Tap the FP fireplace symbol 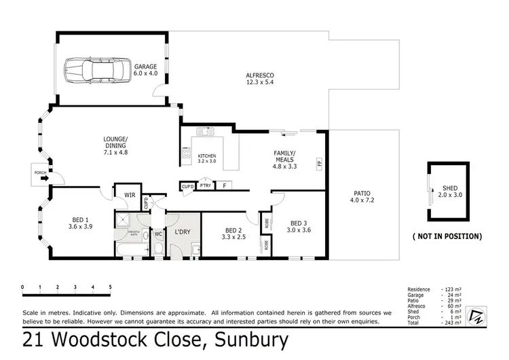[318, 163]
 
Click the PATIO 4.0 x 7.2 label [362, 196]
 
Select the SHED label [450, 190]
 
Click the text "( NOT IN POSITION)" [447, 236]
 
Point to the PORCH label [40, 173]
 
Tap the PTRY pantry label [206, 185]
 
